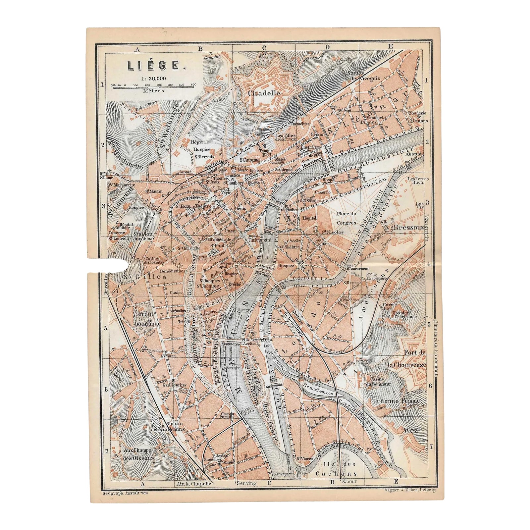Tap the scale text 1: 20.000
(153, 79)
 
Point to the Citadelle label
(264, 93)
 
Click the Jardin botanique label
(148, 319)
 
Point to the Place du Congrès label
(346, 218)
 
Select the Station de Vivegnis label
(356, 76)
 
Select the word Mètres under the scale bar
(154, 90)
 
